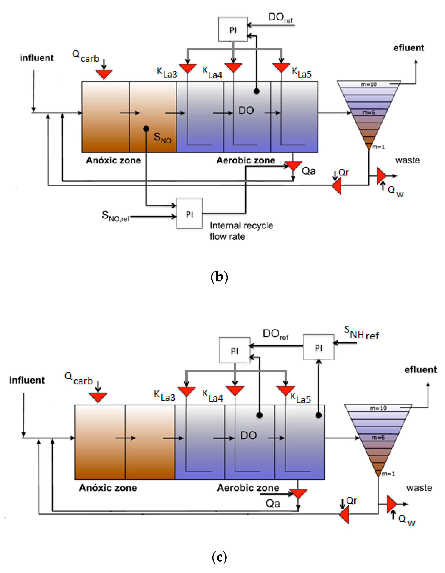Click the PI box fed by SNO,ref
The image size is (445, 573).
[x=189, y=213]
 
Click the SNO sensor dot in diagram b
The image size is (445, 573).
[x=146, y=129]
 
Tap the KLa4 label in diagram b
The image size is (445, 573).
[x=212, y=73]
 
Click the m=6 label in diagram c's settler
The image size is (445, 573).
[x=378, y=438]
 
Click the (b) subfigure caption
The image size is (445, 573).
[x=219, y=277]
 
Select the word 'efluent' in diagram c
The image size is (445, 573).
[x=420, y=370]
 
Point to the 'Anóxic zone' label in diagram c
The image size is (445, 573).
[x=108, y=488]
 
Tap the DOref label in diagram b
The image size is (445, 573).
[x=280, y=18]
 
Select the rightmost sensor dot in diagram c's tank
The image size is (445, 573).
[x=319, y=415]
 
